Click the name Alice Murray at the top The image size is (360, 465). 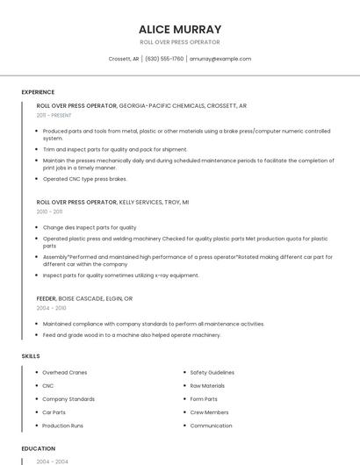[180, 29]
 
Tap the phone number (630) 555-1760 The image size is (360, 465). [164, 59]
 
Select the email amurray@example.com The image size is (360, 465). [220, 59]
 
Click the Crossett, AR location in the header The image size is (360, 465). [124, 59]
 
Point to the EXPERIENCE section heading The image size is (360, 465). [38, 92]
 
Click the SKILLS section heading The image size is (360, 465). [30, 356]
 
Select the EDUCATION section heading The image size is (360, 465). [39, 448]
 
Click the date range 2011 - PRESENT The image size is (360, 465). [54, 115]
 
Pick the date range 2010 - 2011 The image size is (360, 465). [49, 211]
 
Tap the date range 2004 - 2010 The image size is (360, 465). [51, 308]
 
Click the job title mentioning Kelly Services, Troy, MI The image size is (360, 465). [112, 202]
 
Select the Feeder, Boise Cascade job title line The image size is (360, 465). [84, 298]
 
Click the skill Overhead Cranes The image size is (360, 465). [65, 372]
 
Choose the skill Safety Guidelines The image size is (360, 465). [212, 372]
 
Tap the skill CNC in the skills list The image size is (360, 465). [48, 385]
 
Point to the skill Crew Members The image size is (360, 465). [209, 412]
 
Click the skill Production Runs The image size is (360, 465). [63, 426]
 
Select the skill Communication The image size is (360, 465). [211, 426]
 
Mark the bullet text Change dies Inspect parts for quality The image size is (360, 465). [90, 227]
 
